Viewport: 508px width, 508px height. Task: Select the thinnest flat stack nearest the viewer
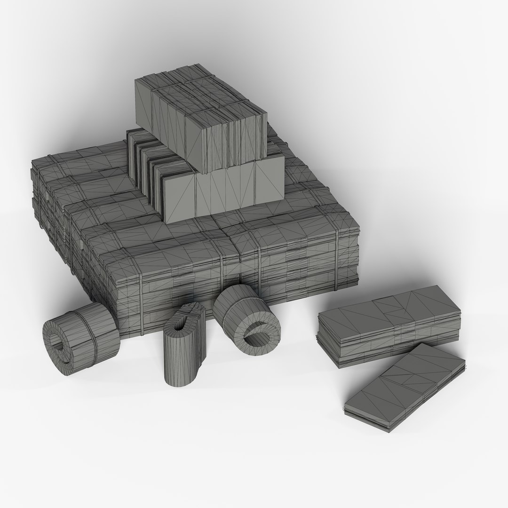(405, 386)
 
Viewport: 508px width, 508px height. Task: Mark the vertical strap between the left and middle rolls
(140, 306)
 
